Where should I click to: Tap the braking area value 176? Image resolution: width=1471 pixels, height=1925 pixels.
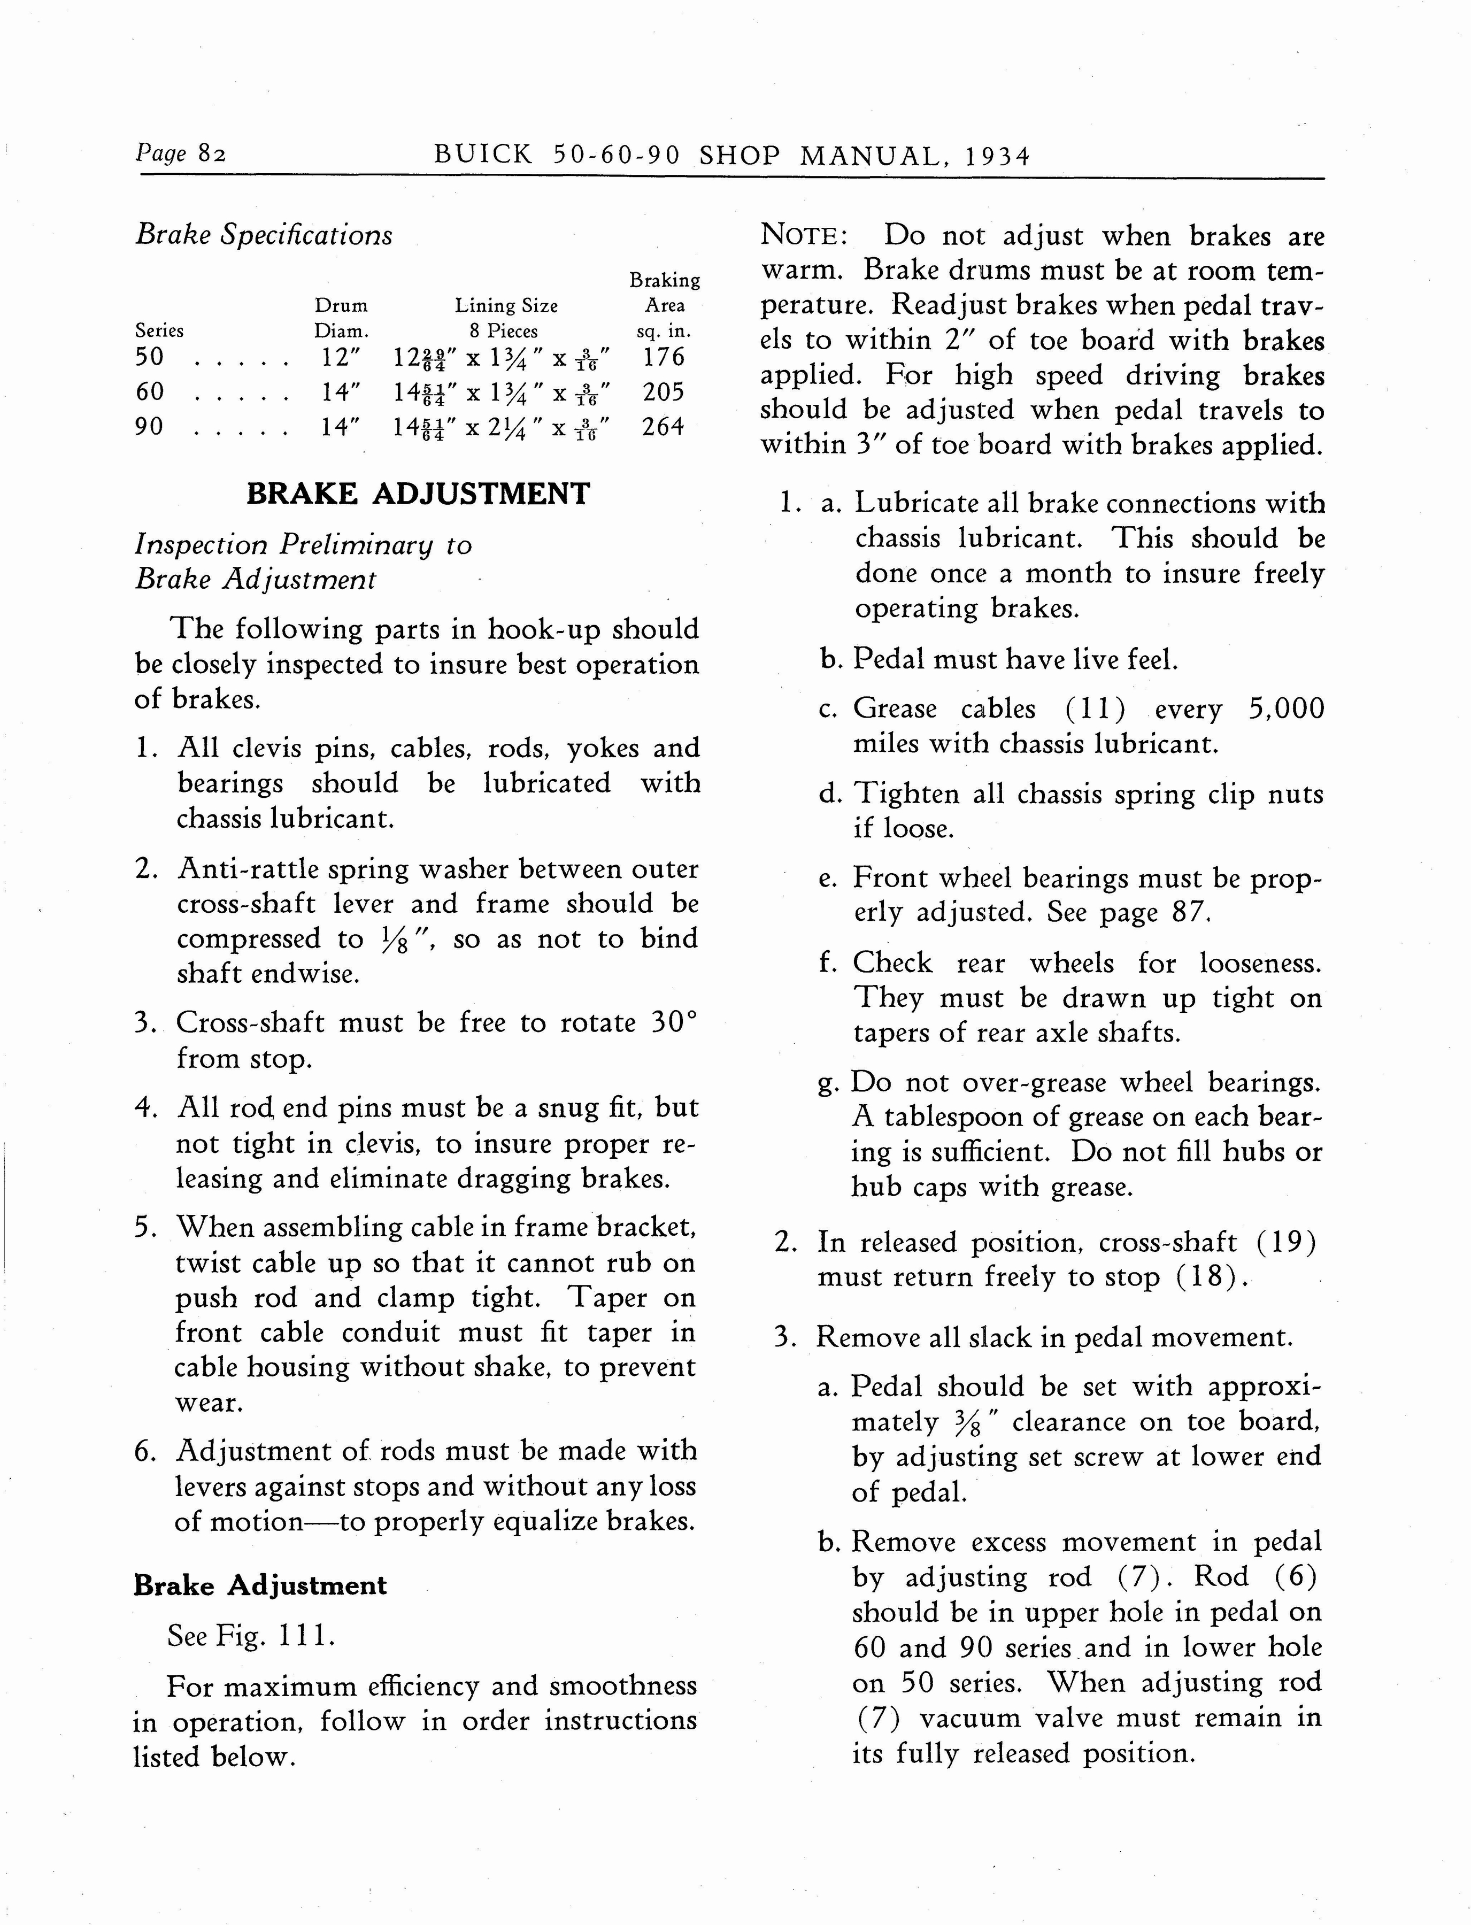[663, 357]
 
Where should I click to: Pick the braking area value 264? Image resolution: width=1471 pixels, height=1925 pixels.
[663, 427]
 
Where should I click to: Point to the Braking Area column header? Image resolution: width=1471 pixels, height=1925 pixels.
[665, 305]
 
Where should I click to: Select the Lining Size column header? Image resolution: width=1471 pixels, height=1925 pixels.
[506, 305]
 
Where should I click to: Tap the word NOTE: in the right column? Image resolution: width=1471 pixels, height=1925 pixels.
[803, 235]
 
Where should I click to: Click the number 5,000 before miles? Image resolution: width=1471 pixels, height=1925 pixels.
[1286, 708]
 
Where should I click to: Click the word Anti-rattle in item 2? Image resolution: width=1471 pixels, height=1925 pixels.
[248, 869]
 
